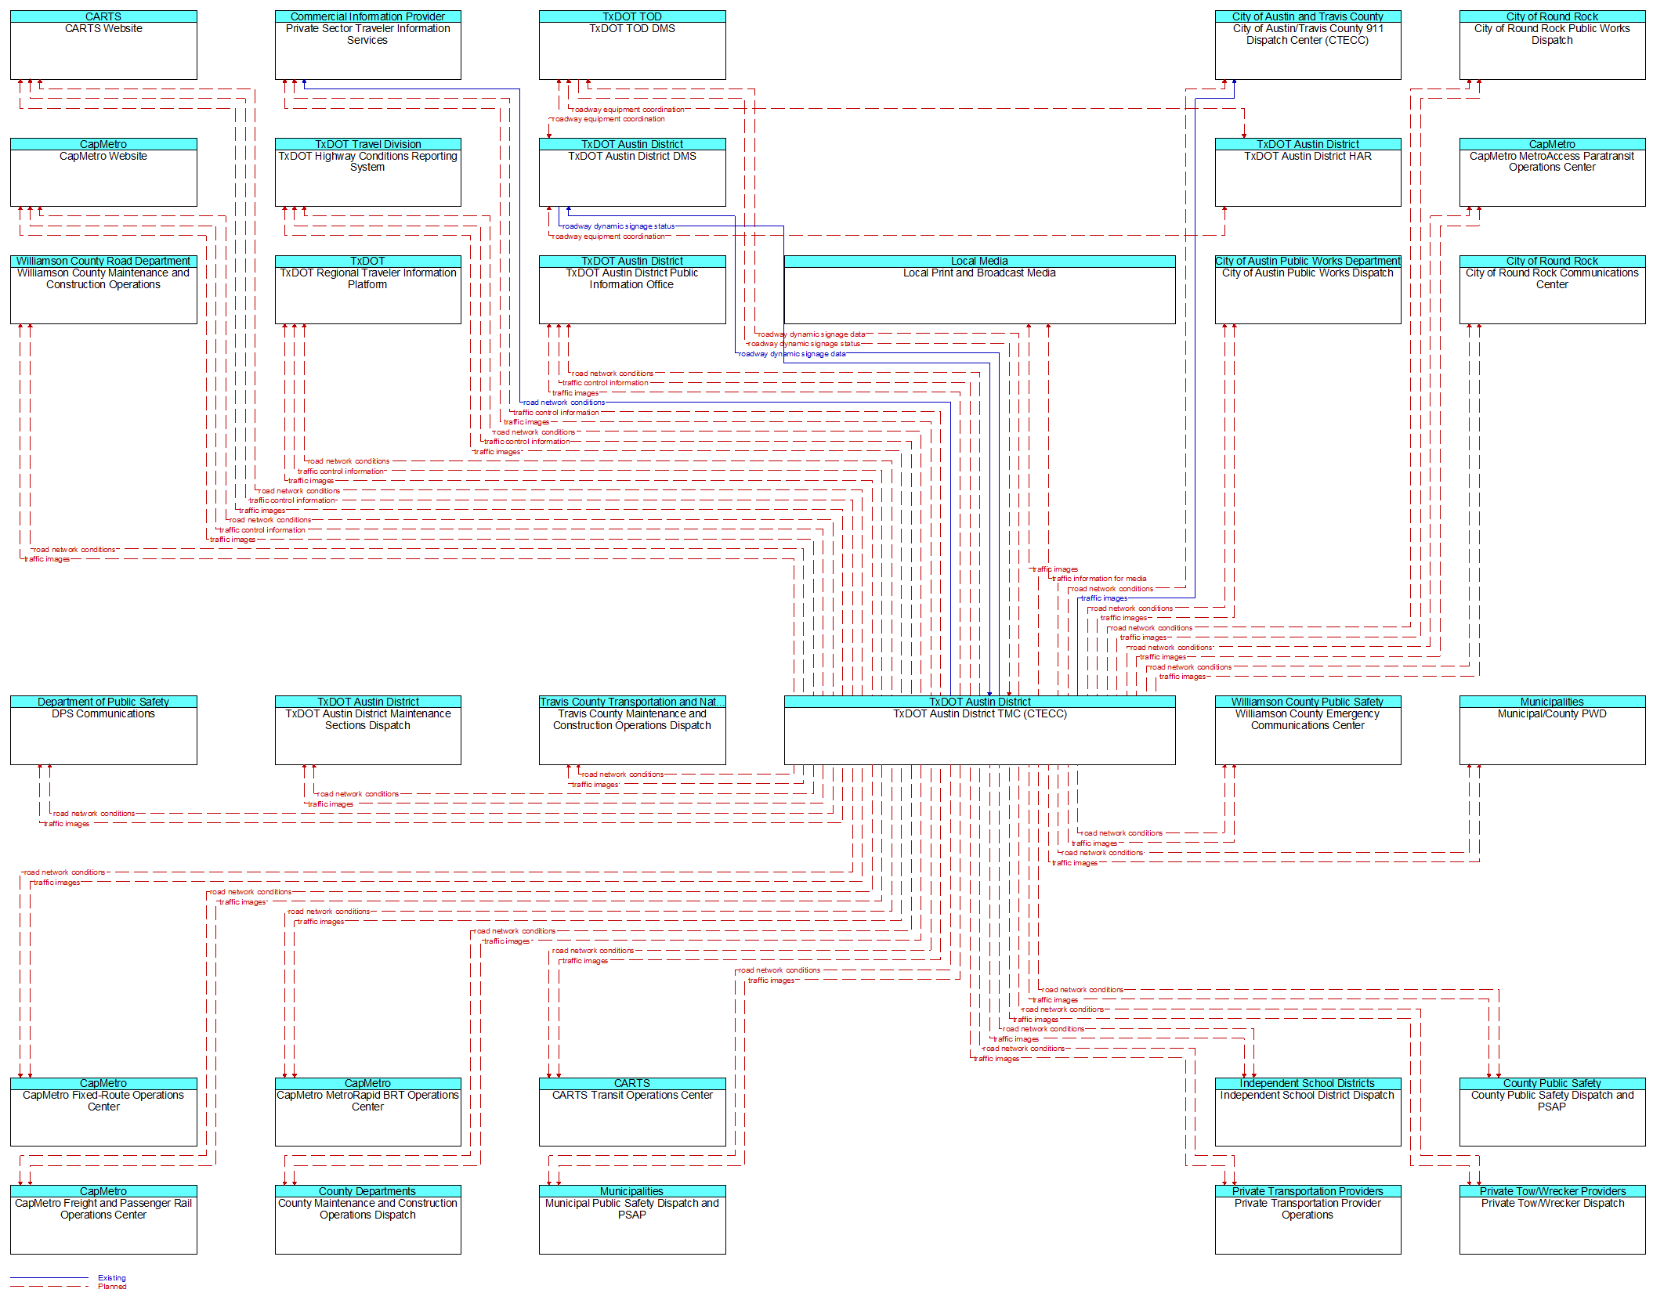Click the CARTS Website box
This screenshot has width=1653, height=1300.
[x=103, y=45]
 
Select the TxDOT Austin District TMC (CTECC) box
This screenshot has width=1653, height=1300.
[x=979, y=730]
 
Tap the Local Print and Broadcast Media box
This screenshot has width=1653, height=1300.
[x=979, y=289]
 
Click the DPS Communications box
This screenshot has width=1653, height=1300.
[x=103, y=730]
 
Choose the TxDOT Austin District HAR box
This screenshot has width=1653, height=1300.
[x=1308, y=172]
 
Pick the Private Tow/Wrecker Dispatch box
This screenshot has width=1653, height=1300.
[x=1552, y=1219]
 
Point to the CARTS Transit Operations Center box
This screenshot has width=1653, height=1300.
[x=632, y=1112]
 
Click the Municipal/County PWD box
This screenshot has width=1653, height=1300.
[x=1552, y=730]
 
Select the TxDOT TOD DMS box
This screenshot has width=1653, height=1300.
[x=632, y=45]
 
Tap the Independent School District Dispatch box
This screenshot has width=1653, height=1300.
[x=1308, y=1112]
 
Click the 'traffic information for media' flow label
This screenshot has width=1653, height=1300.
[x=1100, y=579]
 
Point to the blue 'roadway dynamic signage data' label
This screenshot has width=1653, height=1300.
[x=792, y=354]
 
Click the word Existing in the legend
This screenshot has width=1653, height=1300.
[x=112, y=1278]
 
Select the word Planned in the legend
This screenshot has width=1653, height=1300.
[x=112, y=1287]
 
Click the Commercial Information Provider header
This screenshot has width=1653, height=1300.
[x=367, y=16]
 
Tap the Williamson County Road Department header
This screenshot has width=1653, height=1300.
[x=103, y=261]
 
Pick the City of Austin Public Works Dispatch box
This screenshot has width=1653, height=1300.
[x=1308, y=289]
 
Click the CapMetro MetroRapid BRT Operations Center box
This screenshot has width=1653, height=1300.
[x=367, y=1112]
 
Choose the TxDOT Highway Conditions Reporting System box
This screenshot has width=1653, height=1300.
[x=367, y=172]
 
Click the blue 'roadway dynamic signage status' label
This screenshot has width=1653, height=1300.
[x=618, y=226]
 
